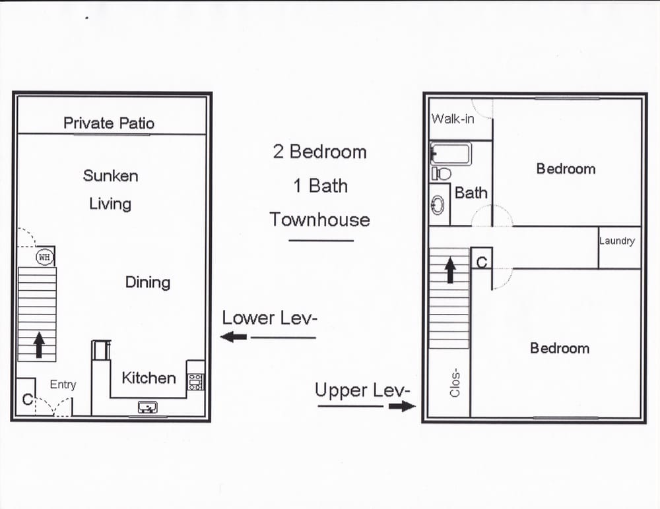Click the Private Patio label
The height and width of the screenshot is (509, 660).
point(109,123)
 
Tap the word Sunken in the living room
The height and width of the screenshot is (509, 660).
point(110,175)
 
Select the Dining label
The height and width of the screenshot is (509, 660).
point(147,282)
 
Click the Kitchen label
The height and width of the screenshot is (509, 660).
point(148,378)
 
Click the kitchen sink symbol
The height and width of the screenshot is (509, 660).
point(147,407)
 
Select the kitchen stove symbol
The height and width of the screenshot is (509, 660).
point(195,381)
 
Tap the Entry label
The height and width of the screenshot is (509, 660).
point(63,384)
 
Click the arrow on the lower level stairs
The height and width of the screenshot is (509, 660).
point(39,345)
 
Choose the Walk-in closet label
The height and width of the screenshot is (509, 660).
point(452,119)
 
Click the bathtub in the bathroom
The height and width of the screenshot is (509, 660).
point(451,154)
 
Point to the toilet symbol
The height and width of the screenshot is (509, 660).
point(442,174)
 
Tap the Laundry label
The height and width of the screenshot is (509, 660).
point(616,241)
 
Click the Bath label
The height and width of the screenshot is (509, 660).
point(471,193)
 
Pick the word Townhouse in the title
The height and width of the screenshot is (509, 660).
point(319,220)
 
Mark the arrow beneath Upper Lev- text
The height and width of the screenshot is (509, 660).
point(400,406)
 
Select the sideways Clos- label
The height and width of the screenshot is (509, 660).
point(454,383)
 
